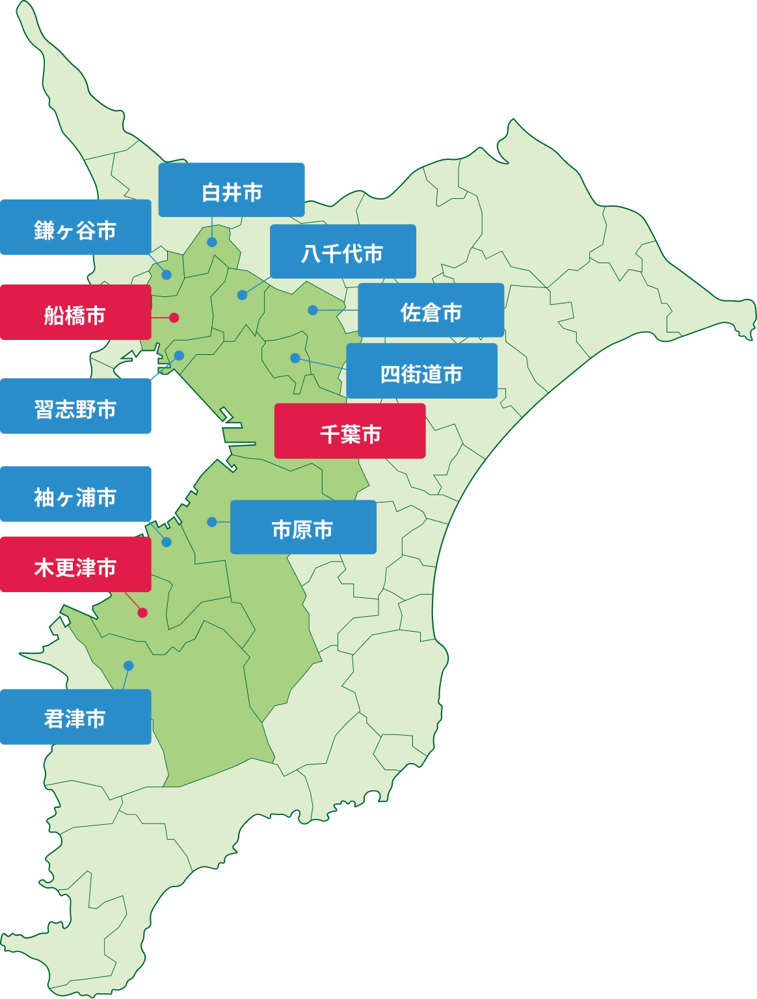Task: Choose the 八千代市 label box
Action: [x=343, y=252]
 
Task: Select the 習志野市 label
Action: [x=75, y=408]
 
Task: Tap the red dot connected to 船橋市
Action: [x=174, y=318]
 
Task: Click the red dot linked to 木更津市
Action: [x=142, y=612]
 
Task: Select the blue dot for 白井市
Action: [x=212, y=242]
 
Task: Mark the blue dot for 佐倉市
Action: [x=313, y=310]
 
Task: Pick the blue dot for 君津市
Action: [x=128, y=666]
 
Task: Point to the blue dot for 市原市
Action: [x=211, y=521]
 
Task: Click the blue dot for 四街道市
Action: [x=295, y=358]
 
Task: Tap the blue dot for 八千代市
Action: [x=242, y=295]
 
